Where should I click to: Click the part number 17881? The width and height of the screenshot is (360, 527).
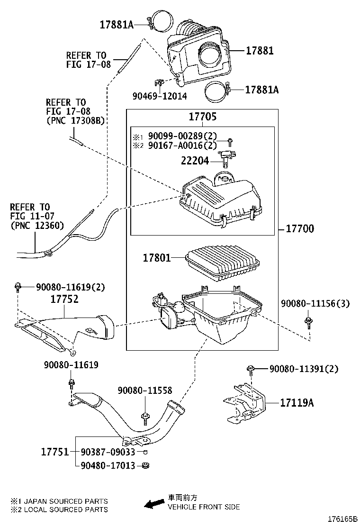point(260,51)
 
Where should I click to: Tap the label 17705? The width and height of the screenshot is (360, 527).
point(203,117)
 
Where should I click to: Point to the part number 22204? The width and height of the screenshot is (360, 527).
point(195,161)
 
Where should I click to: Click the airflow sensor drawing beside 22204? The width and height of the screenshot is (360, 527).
point(225,157)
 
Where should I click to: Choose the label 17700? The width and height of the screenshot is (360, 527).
point(300,229)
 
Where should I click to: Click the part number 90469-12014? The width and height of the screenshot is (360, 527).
point(160,96)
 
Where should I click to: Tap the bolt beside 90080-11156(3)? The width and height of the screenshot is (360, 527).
point(307,322)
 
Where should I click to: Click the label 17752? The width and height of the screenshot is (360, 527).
point(64,299)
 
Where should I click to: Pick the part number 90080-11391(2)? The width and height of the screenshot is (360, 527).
point(304,369)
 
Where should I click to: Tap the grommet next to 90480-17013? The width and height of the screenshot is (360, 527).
point(145,465)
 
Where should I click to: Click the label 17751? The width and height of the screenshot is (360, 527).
point(55,452)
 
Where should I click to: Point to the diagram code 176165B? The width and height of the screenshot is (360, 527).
point(342,519)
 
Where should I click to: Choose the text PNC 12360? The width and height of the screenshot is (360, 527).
point(37,226)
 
